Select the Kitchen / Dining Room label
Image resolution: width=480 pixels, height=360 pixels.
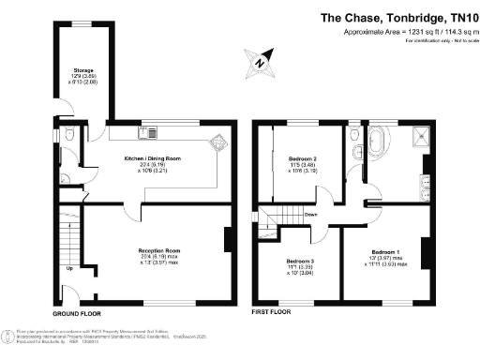coord(153,159)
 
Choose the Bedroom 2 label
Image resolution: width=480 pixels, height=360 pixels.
coord(302,159)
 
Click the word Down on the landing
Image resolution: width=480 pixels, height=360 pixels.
coord(310,214)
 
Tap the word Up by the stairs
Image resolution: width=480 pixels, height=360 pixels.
coord(69,269)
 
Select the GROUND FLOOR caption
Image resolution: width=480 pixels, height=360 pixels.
coord(74,312)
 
